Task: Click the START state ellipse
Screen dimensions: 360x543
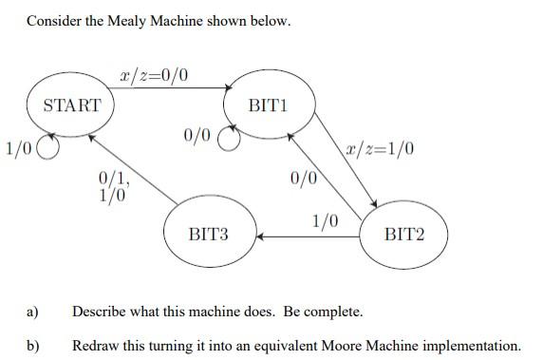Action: (x=71, y=105)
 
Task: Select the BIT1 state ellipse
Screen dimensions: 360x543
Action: (x=266, y=105)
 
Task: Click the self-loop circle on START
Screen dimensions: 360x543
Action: (x=48, y=148)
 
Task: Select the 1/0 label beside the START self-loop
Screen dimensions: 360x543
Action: (x=18, y=147)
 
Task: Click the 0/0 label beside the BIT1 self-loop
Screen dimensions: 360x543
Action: (x=197, y=136)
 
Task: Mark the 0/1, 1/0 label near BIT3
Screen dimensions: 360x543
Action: (x=112, y=184)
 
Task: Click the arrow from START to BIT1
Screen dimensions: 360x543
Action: (x=171, y=88)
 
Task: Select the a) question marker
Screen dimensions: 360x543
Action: (x=32, y=312)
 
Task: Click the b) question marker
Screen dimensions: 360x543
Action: (x=32, y=345)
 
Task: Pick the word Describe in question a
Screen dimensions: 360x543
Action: (x=100, y=312)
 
